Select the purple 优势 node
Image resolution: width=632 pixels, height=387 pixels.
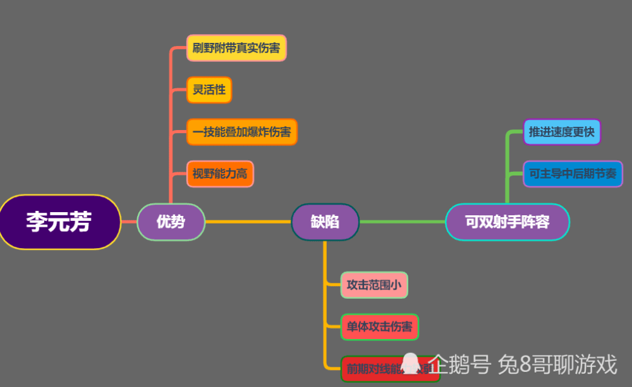click(171, 222)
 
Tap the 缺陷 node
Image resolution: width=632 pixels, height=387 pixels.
click(325, 222)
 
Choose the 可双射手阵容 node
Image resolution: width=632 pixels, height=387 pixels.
click(507, 222)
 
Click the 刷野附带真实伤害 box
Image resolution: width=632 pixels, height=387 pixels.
click(236, 48)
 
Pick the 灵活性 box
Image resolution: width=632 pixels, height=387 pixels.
click(209, 90)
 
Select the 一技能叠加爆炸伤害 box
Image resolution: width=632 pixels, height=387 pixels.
click(241, 132)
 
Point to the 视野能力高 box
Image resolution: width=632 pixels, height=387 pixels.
click(220, 174)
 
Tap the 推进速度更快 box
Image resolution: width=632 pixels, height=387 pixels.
click(561, 132)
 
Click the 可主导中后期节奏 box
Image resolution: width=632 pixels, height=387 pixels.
click(573, 174)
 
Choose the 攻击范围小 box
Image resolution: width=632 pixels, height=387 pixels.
click(374, 285)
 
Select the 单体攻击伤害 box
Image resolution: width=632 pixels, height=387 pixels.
click(379, 327)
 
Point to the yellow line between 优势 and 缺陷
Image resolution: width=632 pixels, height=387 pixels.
click(248, 222)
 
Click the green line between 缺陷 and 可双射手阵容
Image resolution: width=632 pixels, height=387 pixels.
click(402, 222)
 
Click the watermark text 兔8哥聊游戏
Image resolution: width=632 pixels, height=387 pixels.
click(557, 364)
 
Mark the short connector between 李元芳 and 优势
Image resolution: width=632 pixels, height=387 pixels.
click(129, 222)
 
